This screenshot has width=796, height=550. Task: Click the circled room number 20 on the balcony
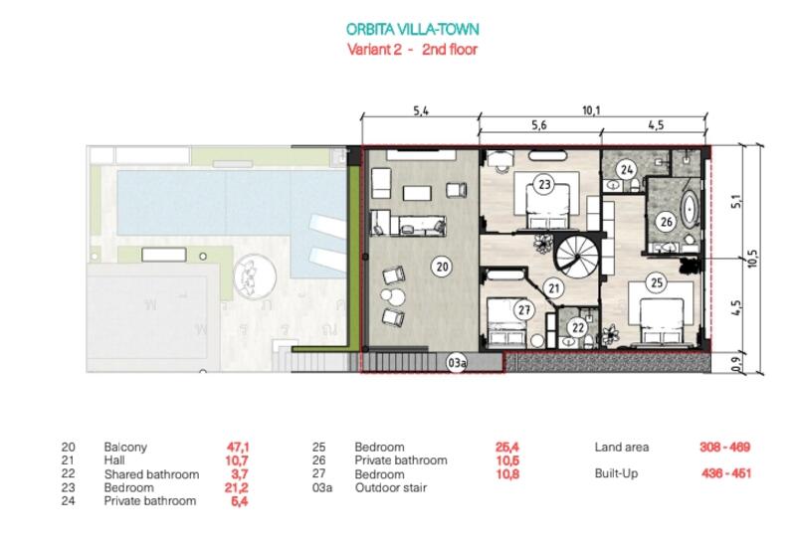point(442,267)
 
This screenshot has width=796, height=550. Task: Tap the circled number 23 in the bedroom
point(544,184)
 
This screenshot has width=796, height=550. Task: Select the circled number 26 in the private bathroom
point(666,221)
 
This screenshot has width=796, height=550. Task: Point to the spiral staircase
point(578,256)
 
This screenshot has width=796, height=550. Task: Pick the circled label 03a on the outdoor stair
point(457,363)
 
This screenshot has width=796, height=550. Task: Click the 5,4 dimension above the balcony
point(421,110)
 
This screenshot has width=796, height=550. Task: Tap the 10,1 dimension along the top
point(591,110)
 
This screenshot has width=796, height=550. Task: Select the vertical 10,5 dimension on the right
point(753,259)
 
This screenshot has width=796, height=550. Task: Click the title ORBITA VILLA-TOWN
point(412,29)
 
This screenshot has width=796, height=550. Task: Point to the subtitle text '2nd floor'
point(450,49)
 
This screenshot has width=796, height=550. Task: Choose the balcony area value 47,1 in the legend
point(238,447)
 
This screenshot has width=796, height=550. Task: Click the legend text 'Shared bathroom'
point(151,474)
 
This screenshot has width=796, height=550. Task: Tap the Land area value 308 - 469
point(725,447)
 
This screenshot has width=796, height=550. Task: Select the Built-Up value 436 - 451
point(726,473)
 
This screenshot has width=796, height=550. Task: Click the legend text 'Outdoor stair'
point(391,487)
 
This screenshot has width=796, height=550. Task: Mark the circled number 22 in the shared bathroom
point(578,328)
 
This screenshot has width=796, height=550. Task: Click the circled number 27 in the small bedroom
point(524,309)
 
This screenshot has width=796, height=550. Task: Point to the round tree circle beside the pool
point(255,277)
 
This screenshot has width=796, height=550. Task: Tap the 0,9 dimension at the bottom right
point(737,363)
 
